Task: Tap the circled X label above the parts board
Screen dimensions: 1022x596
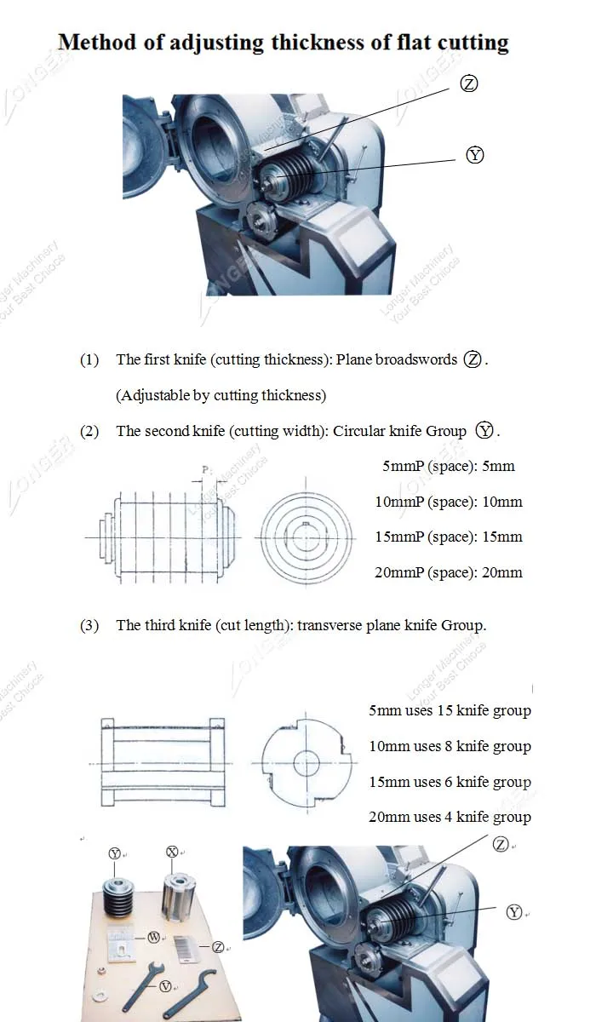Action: (x=173, y=852)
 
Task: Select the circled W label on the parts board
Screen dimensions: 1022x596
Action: (x=154, y=937)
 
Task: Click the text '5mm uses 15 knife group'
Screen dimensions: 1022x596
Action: (x=450, y=710)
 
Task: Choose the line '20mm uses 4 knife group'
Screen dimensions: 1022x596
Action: (x=450, y=817)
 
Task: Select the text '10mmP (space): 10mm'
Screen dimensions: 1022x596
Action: (x=449, y=502)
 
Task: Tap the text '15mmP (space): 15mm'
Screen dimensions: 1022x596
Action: (x=449, y=537)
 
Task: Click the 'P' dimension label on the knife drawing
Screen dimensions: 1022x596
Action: (x=204, y=469)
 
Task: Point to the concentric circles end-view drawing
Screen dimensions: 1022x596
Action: (x=305, y=537)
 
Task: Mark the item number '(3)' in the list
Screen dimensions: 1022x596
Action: (x=89, y=625)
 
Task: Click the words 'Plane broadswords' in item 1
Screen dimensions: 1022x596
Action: (x=397, y=359)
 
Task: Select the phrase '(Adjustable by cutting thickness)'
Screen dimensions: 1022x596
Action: (x=221, y=395)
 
